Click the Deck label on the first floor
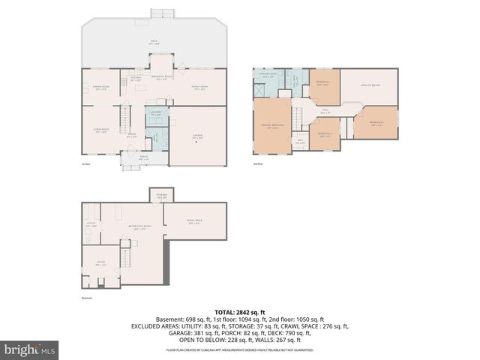point(154,41)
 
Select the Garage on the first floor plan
point(197,137)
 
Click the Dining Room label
point(101,88)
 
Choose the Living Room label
point(101,130)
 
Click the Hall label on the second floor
point(325,111)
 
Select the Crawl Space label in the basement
point(194,221)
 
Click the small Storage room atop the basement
point(161,194)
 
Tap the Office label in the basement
point(100,263)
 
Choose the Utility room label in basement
point(91,224)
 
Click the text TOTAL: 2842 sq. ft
point(240,311)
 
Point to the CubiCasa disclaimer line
point(240,349)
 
